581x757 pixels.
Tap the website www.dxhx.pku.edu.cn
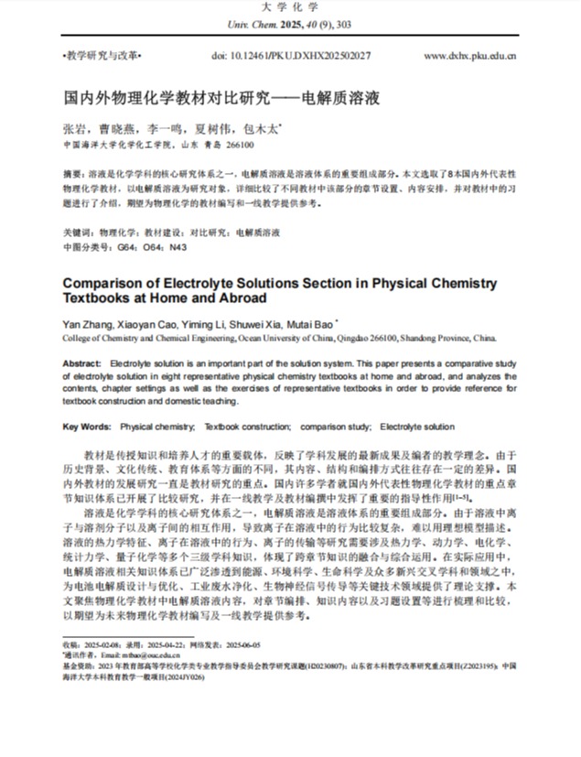coord(469,56)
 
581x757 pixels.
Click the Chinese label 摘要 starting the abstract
coord(72,172)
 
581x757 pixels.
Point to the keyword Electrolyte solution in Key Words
coord(416,427)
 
